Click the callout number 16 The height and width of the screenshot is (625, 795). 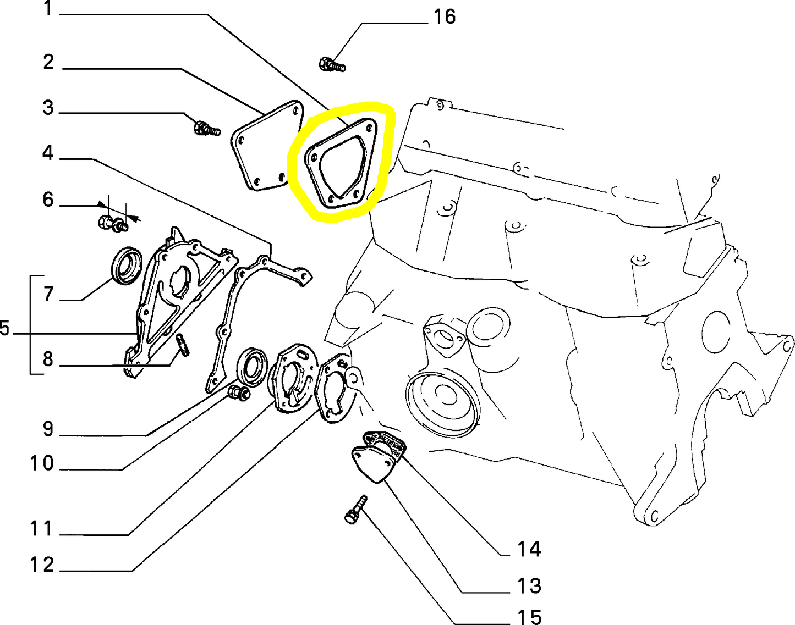point(445,18)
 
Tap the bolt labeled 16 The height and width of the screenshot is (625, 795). point(332,65)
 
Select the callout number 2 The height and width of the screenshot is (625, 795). point(48,62)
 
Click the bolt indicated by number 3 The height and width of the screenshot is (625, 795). point(207,128)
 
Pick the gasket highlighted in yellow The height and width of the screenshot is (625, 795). point(340,163)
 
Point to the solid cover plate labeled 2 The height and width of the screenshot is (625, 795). point(267,146)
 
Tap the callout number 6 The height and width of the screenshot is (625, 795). point(48,200)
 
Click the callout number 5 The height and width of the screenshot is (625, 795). point(4,328)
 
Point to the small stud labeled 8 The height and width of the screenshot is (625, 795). point(183,345)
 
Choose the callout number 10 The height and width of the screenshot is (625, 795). point(42,463)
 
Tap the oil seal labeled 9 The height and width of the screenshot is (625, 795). point(252,367)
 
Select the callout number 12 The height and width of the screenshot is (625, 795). point(42,565)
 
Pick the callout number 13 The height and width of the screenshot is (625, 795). point(529,586)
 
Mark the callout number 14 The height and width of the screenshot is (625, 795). point(529,549)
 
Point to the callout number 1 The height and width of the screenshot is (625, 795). point(48,8)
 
